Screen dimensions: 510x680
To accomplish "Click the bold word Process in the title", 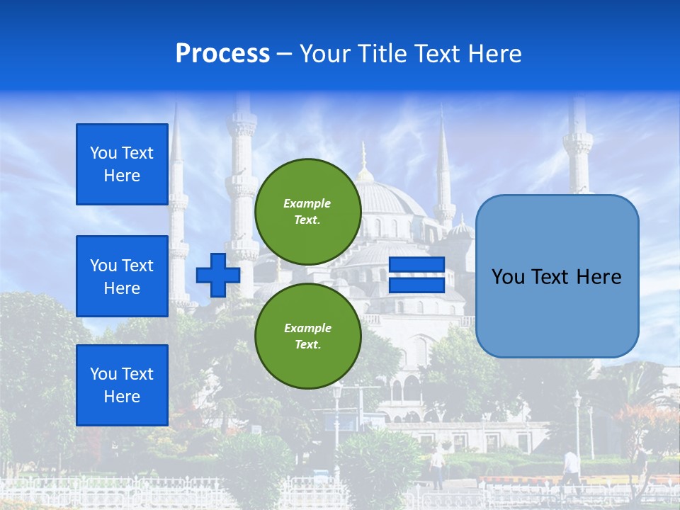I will pos(222,54).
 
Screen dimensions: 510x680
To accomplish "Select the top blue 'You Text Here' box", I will pos(122,164).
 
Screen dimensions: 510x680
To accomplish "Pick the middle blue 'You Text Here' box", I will pos(122,276).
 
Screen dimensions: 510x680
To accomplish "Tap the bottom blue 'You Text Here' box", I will pos(122,385).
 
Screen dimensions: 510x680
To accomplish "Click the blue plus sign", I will pos(218,275).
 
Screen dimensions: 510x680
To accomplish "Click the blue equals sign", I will pos(416,275).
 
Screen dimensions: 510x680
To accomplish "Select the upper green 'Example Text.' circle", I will pos(307,211).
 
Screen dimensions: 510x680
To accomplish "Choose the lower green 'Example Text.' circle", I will pos(307,336).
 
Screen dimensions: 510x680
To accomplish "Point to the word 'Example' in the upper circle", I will pos(307,203).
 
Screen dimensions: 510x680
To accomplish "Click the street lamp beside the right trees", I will pos(577,425).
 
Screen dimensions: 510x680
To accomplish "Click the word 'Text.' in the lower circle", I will pos(307,345).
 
